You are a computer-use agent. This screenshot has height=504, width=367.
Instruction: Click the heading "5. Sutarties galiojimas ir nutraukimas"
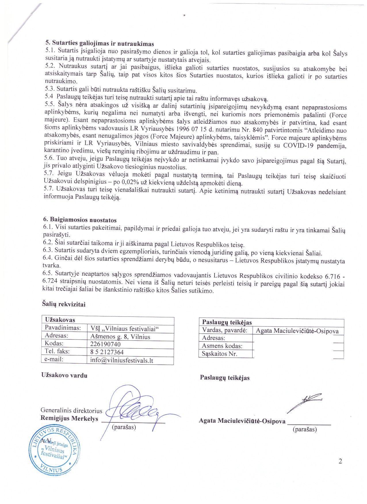pos(100,44)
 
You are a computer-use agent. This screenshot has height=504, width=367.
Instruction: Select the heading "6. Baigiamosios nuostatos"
pos(80,220)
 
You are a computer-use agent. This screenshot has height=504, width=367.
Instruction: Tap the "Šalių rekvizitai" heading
pos(64,304)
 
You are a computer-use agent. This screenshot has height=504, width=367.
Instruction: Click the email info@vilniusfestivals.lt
pos(121,360)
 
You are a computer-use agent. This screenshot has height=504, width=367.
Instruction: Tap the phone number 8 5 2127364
pos(107,352)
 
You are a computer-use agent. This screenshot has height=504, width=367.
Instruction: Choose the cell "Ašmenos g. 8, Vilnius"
pos(120,337)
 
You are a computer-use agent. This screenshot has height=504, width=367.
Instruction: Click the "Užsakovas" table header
pos(60,320)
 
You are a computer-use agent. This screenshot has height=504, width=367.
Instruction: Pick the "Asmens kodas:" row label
pos(222,346)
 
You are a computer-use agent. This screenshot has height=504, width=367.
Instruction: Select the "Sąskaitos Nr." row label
pos(219,354)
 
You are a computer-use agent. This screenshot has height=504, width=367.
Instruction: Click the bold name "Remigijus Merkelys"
pos(69,418)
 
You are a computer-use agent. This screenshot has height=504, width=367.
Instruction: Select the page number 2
pos(341,461)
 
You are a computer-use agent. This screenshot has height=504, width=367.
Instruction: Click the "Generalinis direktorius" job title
pos(71,410)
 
